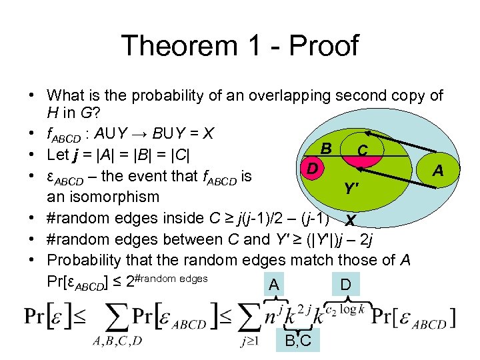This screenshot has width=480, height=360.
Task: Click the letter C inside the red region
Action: pyautogui.click(x=361, y=151)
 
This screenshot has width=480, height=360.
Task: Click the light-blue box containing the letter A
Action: pyautogui.click(x=273, y=285)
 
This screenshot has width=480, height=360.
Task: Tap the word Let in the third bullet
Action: pyautogui.click(x=58, y=155)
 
